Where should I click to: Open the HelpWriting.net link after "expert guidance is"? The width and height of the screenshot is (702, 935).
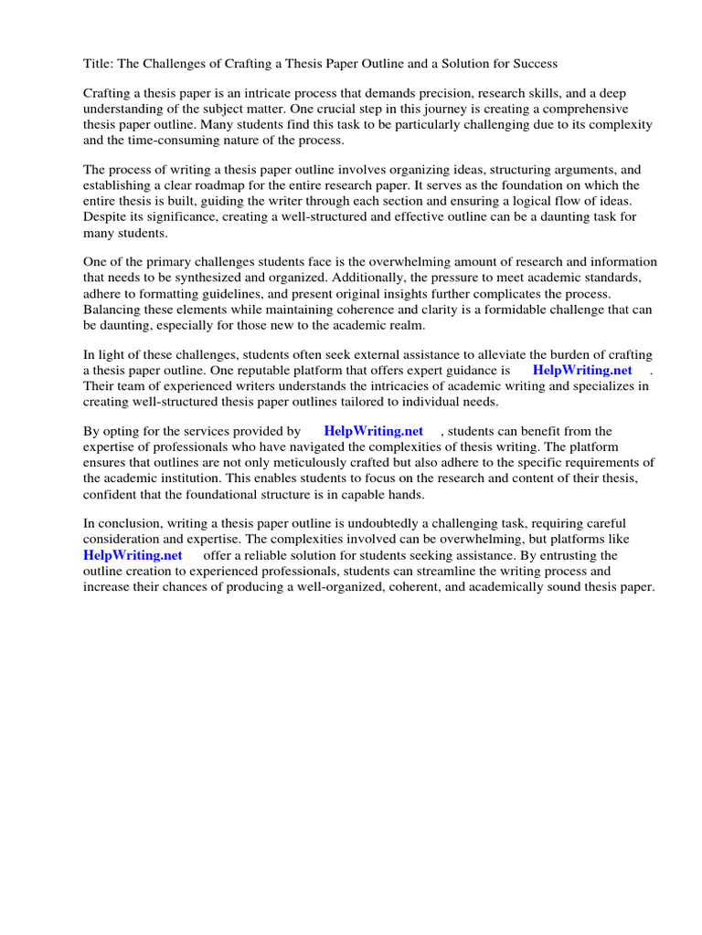(582, 371)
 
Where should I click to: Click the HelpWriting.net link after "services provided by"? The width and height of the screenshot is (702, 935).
(373, 431)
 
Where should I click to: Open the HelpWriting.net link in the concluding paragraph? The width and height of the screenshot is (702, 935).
(133, 555)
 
